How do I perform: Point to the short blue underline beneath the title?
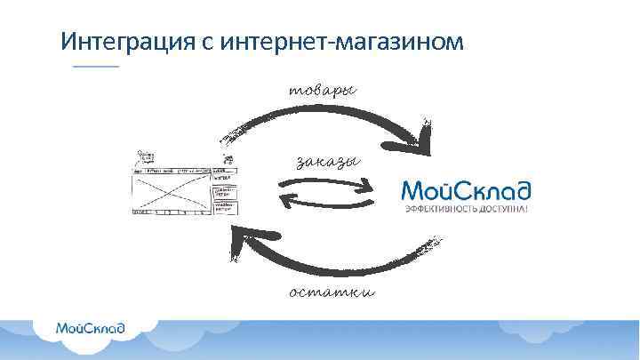[95, 68]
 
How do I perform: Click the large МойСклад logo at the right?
[466, 190]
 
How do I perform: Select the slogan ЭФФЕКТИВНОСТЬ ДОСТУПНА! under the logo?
[466, 209]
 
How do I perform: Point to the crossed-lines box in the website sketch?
[170, 189]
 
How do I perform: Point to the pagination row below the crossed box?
[170, 212]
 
